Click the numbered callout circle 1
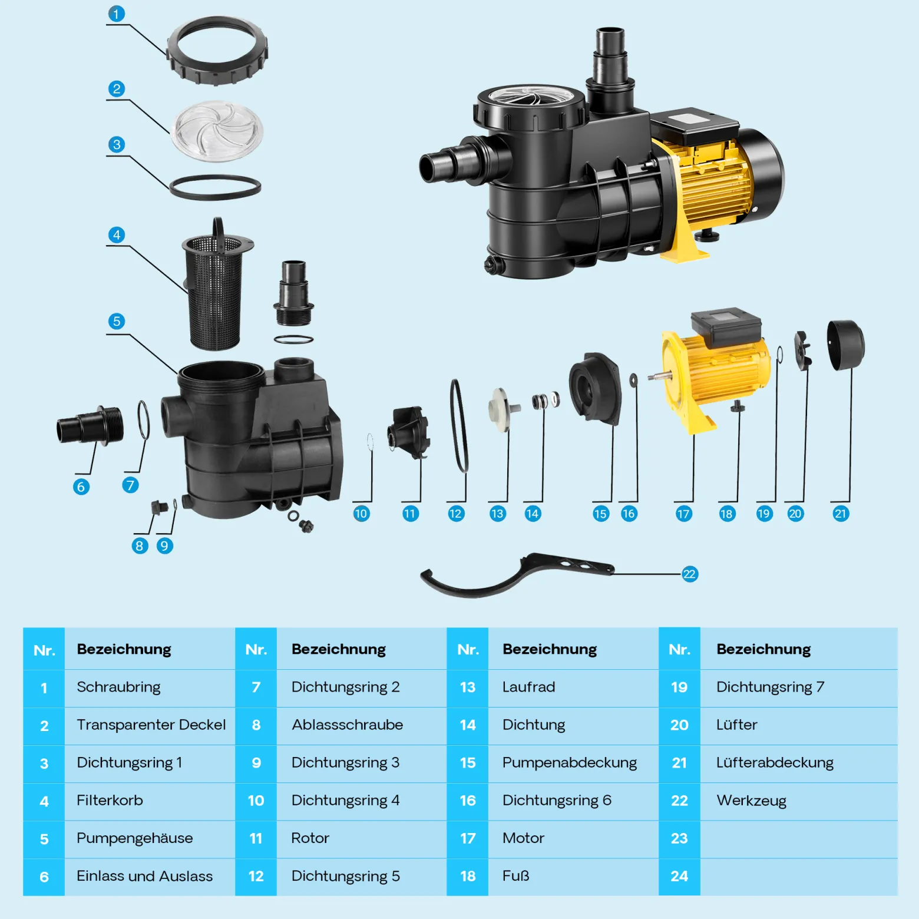click(117, 14)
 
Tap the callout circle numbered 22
click(689, 574)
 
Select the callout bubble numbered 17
click(683, 514)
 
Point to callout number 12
click(455, 514)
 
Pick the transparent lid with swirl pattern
click(217, 131)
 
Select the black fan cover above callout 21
click(845, 345)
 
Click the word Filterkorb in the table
click(110, 801)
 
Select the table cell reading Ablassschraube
click(347, 725)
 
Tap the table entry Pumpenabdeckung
click(570, 763)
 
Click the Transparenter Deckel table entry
click(151, 725)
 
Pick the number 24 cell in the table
click(679, 877)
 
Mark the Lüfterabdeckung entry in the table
click(775, 763)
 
